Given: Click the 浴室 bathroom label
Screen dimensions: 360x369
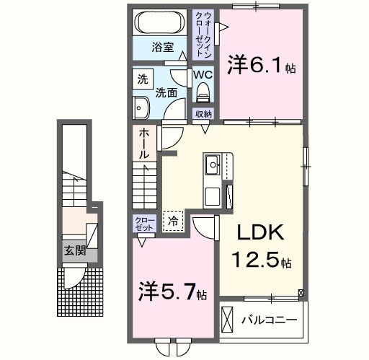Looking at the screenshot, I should pyautogui.click(x=162, y=48).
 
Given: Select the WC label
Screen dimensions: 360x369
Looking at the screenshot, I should pyautogui.click(x=202, y=73).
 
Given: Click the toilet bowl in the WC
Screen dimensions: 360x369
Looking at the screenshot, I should pyautogui.click(x=203, y=91).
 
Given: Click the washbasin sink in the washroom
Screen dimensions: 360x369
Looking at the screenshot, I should pyautogui.click(x=140, y=108).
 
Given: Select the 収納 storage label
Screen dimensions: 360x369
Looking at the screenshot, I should pyautogui.click(x=203, y=114).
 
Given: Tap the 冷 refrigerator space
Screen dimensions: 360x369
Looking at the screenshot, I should pyautogui.click(x=172, y=219).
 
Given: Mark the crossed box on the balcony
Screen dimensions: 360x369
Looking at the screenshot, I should pyautogui.click(x=227, y=318).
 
